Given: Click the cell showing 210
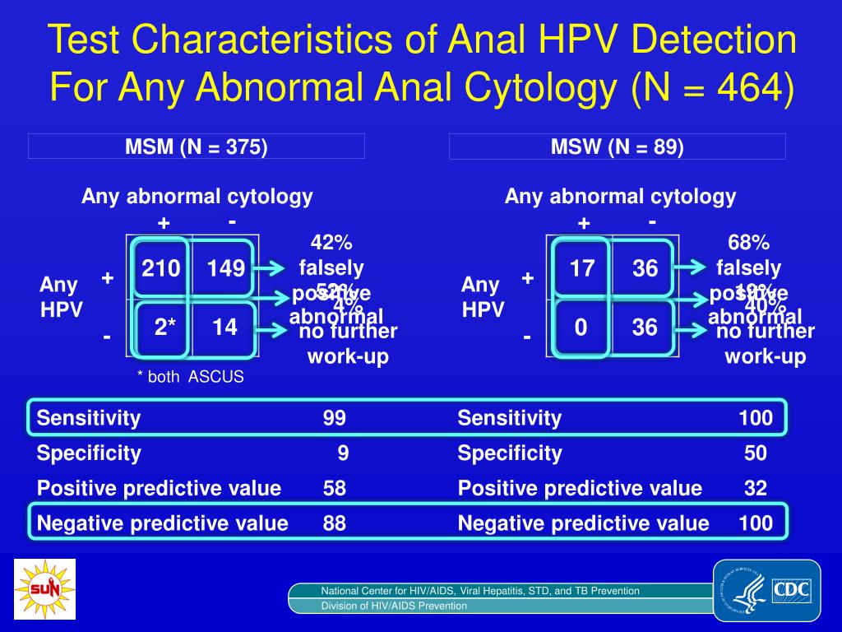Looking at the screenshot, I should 161,267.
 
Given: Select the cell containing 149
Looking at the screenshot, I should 225,267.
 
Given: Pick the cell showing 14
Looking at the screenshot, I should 224,328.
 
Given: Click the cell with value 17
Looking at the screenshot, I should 582,267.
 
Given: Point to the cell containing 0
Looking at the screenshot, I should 581,328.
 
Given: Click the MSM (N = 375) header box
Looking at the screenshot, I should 197,147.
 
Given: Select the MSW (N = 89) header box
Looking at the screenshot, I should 617,147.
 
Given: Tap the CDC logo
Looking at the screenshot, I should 767,590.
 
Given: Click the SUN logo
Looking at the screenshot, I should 44,588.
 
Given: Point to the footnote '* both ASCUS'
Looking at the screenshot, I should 190,377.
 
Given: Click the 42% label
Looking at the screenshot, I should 331,243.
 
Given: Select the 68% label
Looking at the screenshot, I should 749,243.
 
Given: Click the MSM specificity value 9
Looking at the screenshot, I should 341,453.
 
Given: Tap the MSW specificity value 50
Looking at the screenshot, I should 756,453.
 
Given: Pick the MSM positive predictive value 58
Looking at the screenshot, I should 335,488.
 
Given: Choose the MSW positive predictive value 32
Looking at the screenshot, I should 756,488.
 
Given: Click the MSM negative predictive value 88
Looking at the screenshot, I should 335,523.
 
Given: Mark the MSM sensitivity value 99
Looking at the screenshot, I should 335,418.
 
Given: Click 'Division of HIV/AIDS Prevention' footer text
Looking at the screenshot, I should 394,606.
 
